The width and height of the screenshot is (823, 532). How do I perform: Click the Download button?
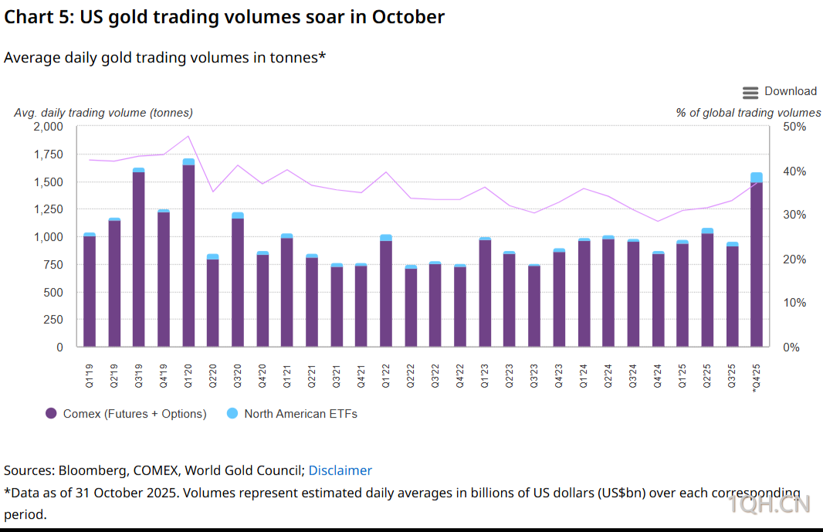[780, 92]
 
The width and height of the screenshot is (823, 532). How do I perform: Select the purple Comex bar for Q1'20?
[188, 255]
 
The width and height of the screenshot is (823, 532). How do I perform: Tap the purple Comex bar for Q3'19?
[139, 259]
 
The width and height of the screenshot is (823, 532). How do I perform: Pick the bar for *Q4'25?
[757, 263]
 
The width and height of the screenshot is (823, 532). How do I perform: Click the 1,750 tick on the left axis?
[48, 154]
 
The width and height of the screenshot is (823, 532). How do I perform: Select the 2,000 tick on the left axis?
[48, 127]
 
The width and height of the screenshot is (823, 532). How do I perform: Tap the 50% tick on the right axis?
[794, 127]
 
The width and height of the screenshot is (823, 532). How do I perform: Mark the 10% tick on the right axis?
[794, 303]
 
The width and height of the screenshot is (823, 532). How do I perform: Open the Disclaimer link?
[340, 470]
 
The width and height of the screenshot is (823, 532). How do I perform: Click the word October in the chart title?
[405, 16]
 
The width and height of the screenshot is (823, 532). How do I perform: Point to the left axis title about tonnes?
[103, 113]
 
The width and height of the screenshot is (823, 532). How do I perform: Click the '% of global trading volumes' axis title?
[748, 113]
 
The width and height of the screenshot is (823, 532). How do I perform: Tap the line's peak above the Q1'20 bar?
[188, 137]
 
